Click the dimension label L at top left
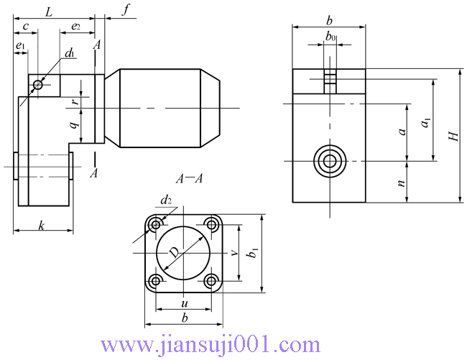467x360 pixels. coord(48,11)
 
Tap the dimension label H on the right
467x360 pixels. coord(452,137)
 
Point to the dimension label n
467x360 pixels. coord(402,183)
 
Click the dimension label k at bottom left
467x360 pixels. coord(42,225)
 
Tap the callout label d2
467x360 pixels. coord(166,200)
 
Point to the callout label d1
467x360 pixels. coord(70,53)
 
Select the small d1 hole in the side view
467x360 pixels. coord(37,86)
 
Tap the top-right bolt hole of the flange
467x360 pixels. coord(211,224)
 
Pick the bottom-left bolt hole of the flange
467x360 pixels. coord(154,280)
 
